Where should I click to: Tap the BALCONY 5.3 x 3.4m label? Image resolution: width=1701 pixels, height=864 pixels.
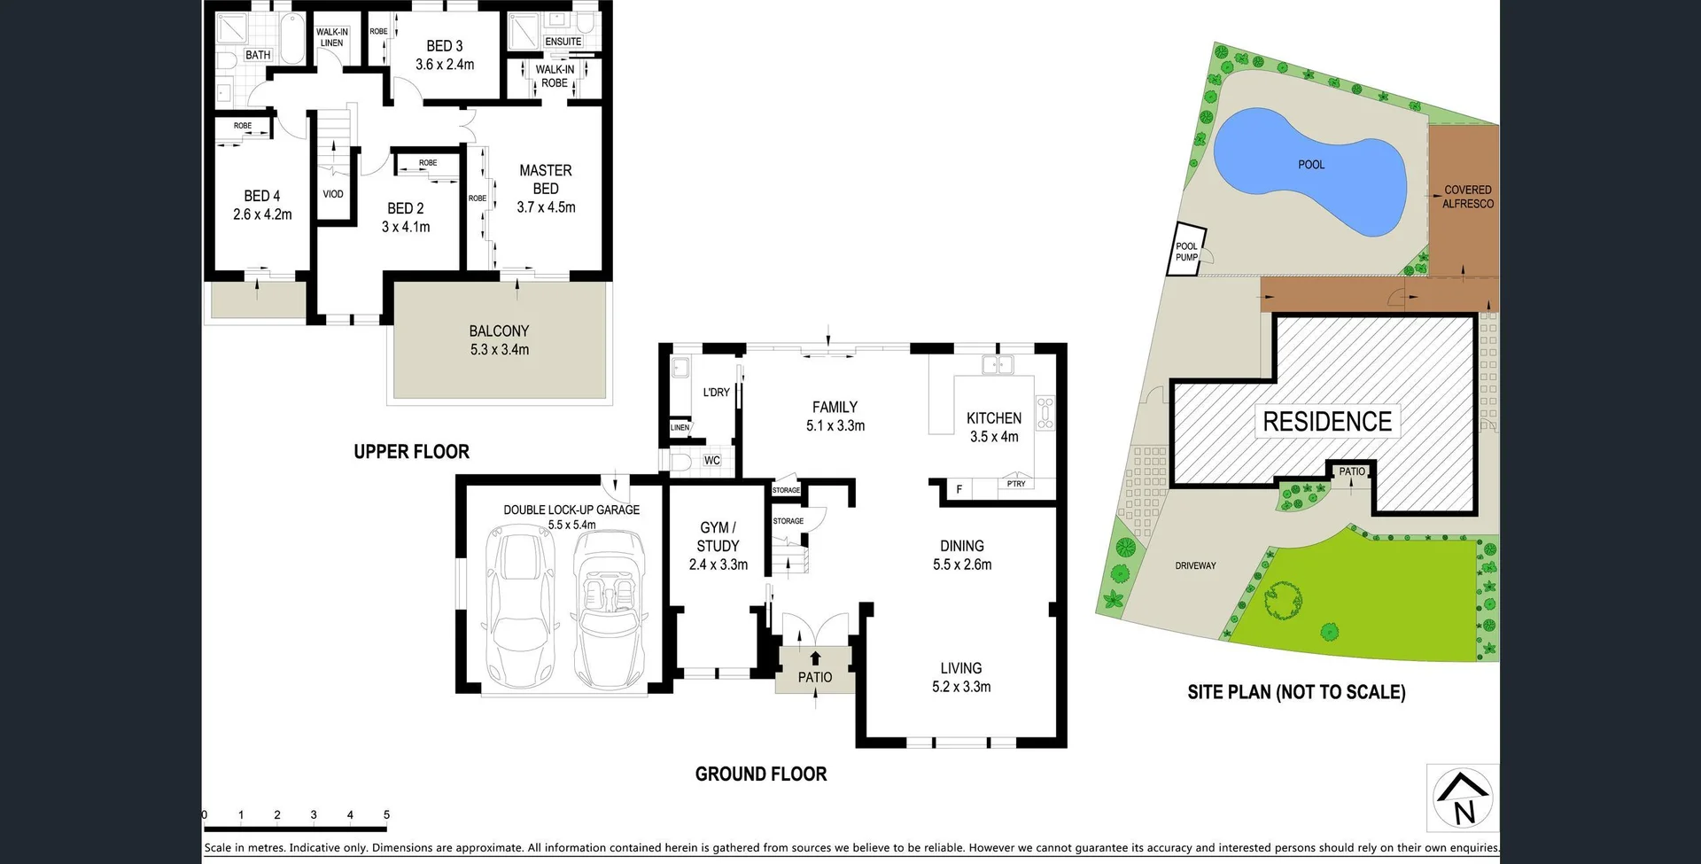tap(499, 340)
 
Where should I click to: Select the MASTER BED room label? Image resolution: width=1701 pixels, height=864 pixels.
tap(546, 180)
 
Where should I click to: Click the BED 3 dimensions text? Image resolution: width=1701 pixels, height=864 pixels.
tap(445, 65)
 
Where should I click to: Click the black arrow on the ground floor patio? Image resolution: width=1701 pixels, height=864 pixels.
tap(815, 658)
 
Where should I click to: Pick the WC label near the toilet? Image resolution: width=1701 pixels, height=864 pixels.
tap(711, 461)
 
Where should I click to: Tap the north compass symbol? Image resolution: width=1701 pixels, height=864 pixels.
tap(1463, 798)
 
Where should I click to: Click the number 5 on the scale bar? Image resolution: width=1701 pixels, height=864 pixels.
tap(386, 814)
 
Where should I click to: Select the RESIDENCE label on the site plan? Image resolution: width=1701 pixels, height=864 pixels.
tap(1326, 422)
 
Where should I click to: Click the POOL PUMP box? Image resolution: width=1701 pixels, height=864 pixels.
tap(1187, 252)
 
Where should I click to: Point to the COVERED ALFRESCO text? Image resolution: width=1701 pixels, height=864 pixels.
tap(1467, 197)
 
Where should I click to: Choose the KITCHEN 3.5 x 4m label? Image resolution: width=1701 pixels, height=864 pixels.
tap(993, 427)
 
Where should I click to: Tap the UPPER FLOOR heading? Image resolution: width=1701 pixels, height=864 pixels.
tap(411, 452)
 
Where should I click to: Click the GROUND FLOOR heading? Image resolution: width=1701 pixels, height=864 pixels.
tap(761, 774)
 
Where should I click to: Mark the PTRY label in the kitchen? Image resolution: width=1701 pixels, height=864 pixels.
tap(1016, 484)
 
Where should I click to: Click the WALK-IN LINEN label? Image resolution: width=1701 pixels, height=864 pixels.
tap(331, 37)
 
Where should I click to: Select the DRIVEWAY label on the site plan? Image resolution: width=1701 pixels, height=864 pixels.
tap(1195, 565)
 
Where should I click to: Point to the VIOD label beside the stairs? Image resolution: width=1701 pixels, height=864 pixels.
tap(333, 194)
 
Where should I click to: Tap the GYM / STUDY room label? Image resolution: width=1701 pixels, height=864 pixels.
tap(718, 546)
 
